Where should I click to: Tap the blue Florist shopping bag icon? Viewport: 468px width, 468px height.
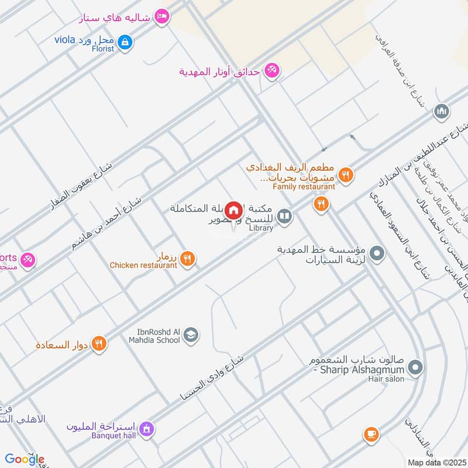(x=125, y=42)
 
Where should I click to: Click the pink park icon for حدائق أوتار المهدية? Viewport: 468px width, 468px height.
(x=271, y=71)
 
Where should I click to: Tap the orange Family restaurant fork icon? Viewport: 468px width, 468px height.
(x=346, y=174)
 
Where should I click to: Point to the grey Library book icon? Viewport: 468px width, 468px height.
(x=284, y=218)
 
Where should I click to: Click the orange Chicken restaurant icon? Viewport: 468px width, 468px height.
(x=187, y=257)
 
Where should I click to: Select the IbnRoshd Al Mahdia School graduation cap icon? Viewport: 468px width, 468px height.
(x=191, y=335)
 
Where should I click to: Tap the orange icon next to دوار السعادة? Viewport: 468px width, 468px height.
(x=99, y=344)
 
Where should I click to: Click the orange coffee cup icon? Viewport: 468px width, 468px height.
(x=370, y=434)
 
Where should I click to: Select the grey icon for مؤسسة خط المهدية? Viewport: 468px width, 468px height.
(x=377, y=254)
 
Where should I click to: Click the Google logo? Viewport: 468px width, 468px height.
(x=24, y=459)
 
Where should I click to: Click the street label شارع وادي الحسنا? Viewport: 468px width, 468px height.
(x=217, y=372)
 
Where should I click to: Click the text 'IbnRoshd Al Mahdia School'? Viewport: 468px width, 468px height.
(x=151, y=335)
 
